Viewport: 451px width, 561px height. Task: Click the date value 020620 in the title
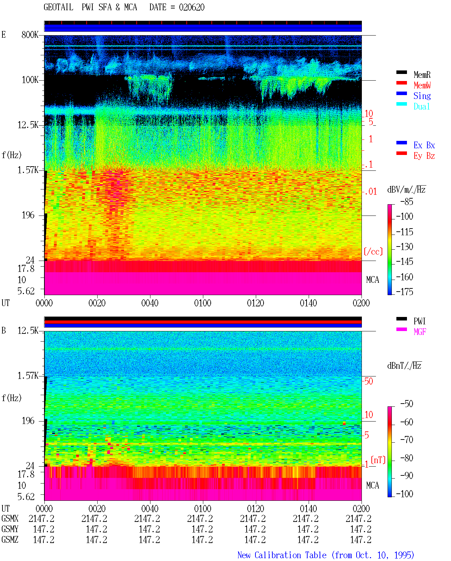click(x=191, y=7)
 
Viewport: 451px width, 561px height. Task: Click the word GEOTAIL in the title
click(x=58, y=7)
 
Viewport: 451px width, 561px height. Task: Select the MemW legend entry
click(x=422, y=85)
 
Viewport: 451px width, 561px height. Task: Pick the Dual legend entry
click(x=421, y=106)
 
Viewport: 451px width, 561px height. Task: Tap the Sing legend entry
click(x=422, y=96)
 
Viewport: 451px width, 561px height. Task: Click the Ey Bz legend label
click(x=424, y=156)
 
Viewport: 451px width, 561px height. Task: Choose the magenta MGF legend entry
click(x=420, y=332)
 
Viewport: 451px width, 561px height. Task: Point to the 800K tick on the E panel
click(x=30, y=35)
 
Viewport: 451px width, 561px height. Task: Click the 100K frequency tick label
click(x=30, y=80)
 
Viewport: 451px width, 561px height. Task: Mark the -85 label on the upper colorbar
click(x=407, y=201)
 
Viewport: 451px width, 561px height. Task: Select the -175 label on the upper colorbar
click(x=404, y=292)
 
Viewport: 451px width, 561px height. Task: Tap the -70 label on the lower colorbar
click(x=407, y=440)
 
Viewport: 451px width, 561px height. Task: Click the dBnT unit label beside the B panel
click(x=404, y=366)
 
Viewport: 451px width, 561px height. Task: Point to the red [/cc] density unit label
click(x=373, y=251)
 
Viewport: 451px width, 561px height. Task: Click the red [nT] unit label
click(x=378, y=460)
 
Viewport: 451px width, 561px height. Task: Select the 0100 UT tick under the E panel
click(x=203, y=303)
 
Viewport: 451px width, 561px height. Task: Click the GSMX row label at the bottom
click(x=10, y=519)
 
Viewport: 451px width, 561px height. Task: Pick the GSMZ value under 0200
click(x=360, y=540)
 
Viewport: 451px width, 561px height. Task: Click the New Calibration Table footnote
click(x=326, y=555)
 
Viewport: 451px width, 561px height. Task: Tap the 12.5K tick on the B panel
click(x=28, y=331)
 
